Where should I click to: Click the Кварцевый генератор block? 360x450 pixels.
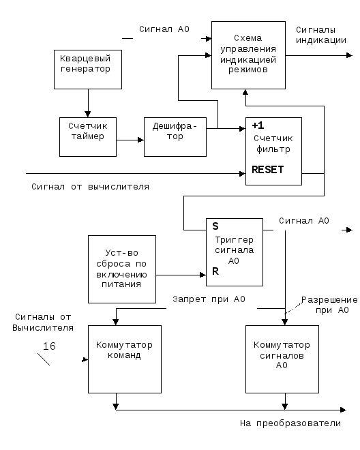(x=88, y=70)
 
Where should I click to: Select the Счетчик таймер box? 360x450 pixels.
(x=88, y=137)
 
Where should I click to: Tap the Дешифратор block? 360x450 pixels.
(x=175, y=137)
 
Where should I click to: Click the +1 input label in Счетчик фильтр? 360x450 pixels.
(x=258, y=125)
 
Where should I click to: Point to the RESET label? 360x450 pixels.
(x=267, y=170)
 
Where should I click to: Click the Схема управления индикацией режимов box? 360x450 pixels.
(x=248, y=55)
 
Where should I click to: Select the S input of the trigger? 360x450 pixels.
(x=215, y=226)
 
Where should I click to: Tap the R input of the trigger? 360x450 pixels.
(x=215, y=271)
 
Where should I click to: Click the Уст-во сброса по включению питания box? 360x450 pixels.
(x=122, y=269)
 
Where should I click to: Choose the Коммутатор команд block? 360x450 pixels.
(x=125, y=359)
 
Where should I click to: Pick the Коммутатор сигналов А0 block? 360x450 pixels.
(x=282, y=359)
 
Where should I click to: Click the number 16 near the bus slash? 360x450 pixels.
(x=49, y=346)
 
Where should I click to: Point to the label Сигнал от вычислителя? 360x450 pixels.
(x=90, y=187)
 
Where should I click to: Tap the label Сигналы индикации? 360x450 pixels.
(x=321, y=35)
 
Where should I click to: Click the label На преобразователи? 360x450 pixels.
(x=290, y=423)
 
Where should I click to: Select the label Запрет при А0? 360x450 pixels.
(x=209, y=299)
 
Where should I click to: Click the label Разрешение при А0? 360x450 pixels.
(x=329, y=305)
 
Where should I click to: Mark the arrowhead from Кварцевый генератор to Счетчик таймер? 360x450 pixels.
(x=88, y=115)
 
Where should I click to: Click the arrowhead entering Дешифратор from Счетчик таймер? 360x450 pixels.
(x=140, y=140)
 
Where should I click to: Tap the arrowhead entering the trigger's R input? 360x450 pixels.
(x=203, y=275)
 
